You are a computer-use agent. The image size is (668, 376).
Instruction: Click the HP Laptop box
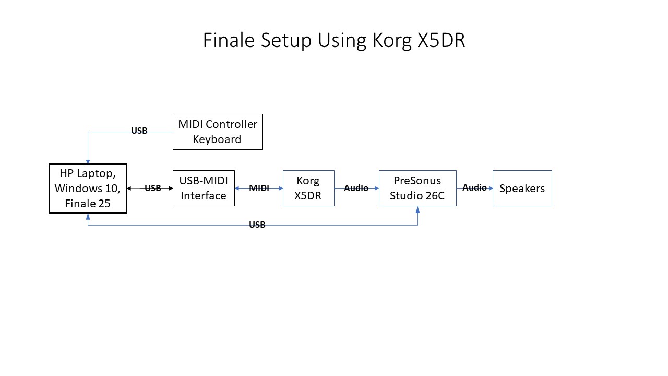click(88, 189)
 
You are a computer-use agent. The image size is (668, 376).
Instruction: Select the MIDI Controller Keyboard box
click(218, 132)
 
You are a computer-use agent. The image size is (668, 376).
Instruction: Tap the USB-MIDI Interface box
click(204, 188)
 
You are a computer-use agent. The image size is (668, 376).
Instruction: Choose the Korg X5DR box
click(308, 188)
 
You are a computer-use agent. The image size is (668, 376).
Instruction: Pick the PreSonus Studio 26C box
click(417, 188)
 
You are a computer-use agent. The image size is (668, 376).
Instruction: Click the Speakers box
click(522, 188)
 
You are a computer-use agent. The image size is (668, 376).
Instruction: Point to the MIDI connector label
click(259, 189)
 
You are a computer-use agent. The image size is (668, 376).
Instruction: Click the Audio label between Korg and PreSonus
click(356, 188)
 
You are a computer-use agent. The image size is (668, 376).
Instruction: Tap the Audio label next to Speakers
click(474, 187)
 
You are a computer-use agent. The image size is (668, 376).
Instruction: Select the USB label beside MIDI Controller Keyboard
click(139, 131)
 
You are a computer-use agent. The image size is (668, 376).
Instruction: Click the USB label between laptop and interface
click(153, 189)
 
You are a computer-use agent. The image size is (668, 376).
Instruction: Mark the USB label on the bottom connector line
click(257, 225)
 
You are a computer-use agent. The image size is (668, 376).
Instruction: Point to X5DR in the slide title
click(441, 41)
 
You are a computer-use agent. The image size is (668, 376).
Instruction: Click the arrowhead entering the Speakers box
click(490, 188)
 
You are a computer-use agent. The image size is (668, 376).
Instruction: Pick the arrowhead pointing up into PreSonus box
click(417, 209)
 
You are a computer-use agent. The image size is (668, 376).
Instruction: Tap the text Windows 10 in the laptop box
click(88, 189)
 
